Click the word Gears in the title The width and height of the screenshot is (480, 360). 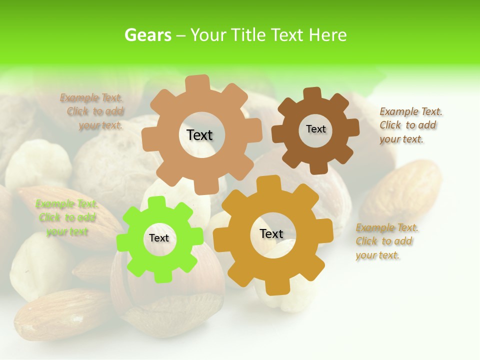click(x=147, y=35)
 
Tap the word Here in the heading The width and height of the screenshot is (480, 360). click(x=327, y=35)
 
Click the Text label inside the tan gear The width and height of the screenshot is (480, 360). click(x=199, y=135)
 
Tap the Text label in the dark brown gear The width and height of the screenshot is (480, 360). click(x=315, y=129)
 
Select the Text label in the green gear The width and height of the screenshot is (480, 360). click(x=159, y=238)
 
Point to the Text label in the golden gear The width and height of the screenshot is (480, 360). click(x=271, y=233)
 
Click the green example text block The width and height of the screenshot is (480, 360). click(x=66, y=218)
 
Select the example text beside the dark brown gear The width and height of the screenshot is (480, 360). click(x=410, y=125)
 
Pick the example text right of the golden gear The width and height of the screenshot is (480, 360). click(x=386, y=241)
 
